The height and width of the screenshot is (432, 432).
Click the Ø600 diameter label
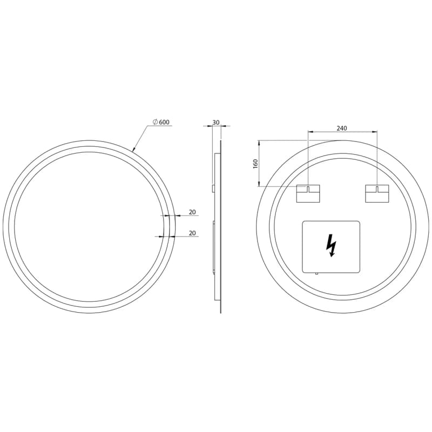[x=161, y=122]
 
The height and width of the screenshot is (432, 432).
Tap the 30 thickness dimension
[x=217, y=122]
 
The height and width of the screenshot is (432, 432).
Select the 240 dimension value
[x=342, y=128]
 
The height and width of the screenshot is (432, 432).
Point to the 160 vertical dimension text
[x=255, y=164]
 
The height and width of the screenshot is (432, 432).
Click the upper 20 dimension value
[x=192, y=212]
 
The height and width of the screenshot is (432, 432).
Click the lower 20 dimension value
[x=192, y=233]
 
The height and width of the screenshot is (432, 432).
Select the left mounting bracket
[x=308, y=194]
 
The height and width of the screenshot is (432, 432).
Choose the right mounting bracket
[x=377, y=194]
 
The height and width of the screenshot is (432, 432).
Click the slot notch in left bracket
[x=308, y=188]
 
